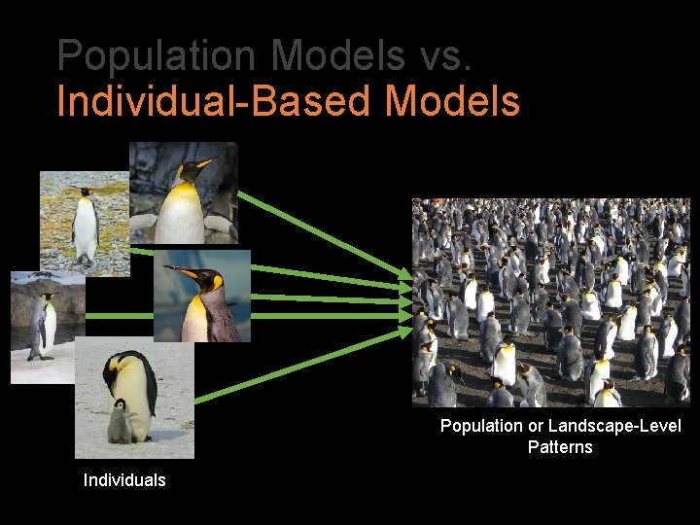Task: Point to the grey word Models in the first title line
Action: click(x=338, y=56)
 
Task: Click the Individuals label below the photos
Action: click(x=124, y=480)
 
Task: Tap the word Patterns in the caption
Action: click(x=560, y=447)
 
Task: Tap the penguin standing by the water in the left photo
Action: click(x=41, y=325)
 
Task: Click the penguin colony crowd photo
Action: click(x=550, y=302)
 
